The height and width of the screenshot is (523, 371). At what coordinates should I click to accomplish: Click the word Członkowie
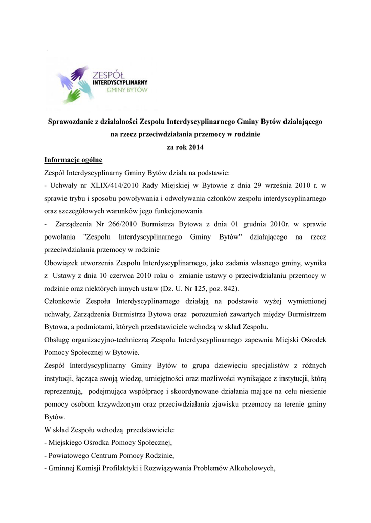(64, 301)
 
